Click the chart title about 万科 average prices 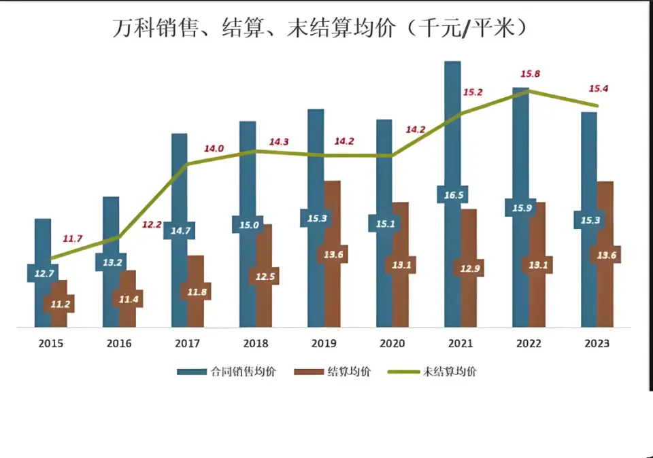click(320, 28)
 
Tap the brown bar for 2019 click(332, 292)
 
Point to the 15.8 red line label click(530, 74)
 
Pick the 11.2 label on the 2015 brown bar click(59, 304)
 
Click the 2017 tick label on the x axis click(188, 344)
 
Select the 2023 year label click(597, 344)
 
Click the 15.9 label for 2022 click(520, 207)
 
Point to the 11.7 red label click(72, 239)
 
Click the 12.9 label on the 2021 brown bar click(469, 268)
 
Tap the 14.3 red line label click(279, 142)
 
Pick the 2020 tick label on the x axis click(392, 344)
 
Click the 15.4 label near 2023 click(598, 88)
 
